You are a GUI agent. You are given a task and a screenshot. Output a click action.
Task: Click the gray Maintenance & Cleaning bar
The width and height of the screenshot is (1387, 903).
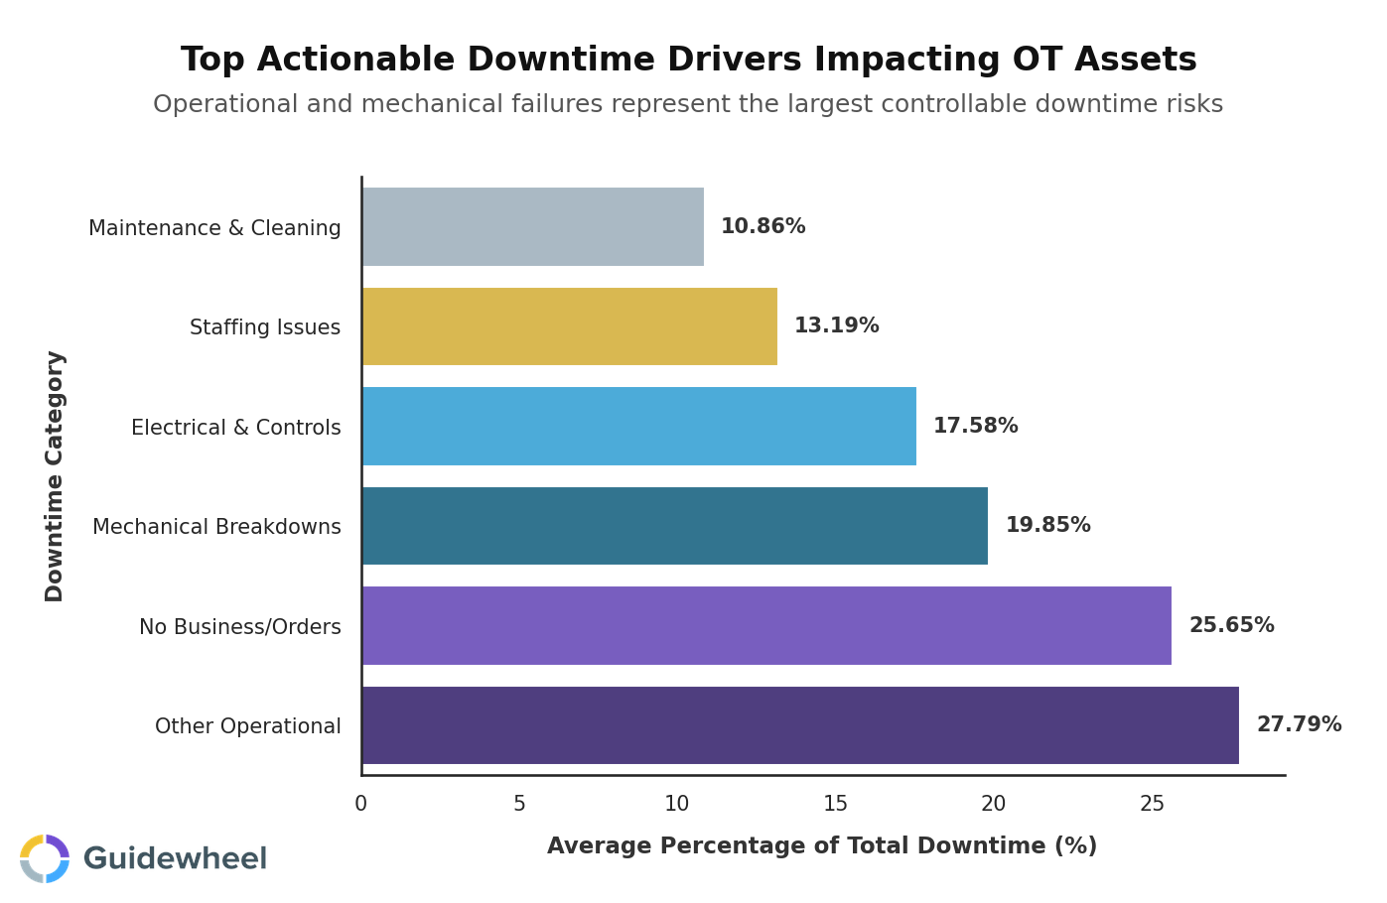(x=532, y=227)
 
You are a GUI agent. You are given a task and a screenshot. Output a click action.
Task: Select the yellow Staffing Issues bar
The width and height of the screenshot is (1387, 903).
(x=569, y=326)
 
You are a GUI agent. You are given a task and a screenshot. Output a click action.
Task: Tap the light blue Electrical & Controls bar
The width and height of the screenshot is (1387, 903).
(x=638, y=427)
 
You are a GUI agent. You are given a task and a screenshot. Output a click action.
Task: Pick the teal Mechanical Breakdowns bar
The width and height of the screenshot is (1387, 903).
(x=674, y=526)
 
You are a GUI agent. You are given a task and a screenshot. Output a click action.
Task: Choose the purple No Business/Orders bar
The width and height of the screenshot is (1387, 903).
(x=765, y=626)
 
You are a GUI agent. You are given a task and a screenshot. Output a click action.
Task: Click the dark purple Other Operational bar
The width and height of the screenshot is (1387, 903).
(x=799, y=725)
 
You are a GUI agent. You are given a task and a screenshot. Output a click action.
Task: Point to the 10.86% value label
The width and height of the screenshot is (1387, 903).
(x=763, y=227)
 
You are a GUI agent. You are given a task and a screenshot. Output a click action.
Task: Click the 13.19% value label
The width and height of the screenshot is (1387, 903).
(x=836, y=326)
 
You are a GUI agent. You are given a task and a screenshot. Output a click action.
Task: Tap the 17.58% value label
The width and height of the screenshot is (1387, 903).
(x=975, y=427)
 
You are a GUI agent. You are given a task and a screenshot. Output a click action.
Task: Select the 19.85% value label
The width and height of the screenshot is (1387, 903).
(x=1047, y=526)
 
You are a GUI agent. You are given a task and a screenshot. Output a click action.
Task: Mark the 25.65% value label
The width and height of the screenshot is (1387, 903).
(x=1231, y=626)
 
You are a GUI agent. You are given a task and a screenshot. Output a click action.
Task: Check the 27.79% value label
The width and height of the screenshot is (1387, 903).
(x=1299, y=725)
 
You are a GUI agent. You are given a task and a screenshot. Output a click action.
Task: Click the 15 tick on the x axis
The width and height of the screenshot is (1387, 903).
(x=836, y=805)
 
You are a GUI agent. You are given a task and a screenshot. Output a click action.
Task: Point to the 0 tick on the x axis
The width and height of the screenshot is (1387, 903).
(x=361, y=805)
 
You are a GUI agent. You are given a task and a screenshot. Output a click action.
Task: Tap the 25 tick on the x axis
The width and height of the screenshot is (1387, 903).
(x=1152, y=805)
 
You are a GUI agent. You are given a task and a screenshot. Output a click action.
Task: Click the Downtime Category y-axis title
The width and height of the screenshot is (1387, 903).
(x=55, y=476)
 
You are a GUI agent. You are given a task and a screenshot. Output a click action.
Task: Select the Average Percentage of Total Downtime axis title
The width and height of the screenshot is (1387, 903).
(x=822, y=846)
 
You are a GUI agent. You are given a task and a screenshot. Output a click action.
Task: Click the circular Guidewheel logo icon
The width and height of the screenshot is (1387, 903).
(x=45, y=858)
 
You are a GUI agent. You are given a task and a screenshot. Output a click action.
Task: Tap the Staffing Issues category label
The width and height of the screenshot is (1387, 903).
(x=265, y=327)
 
